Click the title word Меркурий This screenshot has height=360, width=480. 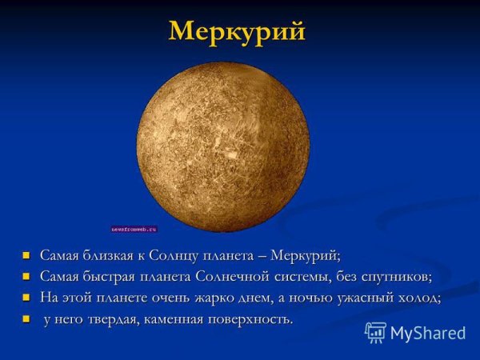(238, 31)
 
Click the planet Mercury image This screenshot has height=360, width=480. (222, 144)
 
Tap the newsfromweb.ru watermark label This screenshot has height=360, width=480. (134, 229)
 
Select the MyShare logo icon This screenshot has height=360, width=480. (375, 332)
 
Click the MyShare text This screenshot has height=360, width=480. (428, 333)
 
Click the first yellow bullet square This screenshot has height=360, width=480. (26, 257)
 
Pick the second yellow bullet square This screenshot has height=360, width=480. (26, 278)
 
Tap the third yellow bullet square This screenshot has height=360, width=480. (26, 298)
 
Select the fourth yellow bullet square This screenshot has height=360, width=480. (26, 319)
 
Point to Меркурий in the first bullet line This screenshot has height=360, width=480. (305, 256)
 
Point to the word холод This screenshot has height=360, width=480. (417, 298)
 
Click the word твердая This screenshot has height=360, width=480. (110, 318)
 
